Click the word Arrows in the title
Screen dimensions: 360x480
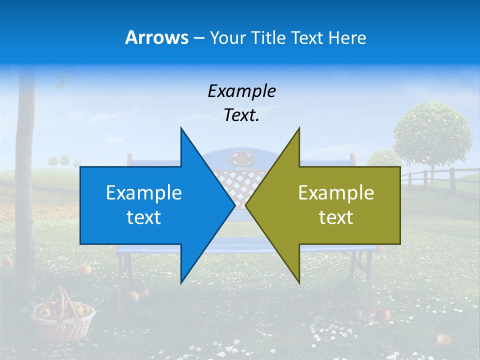pyautogui.click(x=156, y=37)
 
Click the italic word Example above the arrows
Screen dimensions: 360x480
pyautogui.click(x=241, y=91)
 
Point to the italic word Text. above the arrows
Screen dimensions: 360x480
pyautogui.click(x=241, y=115)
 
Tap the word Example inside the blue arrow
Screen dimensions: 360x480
pyautogui.click(x=144, y=193)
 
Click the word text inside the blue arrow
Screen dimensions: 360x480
pyautogui.click(x=144, y=217)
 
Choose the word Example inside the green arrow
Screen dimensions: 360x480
pyautogui.click(x=336, y=193)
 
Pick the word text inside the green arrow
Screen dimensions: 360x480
pyautogui.click(x=336, y=217)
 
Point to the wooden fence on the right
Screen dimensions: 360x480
pyautogui.click(x=440, y=178)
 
